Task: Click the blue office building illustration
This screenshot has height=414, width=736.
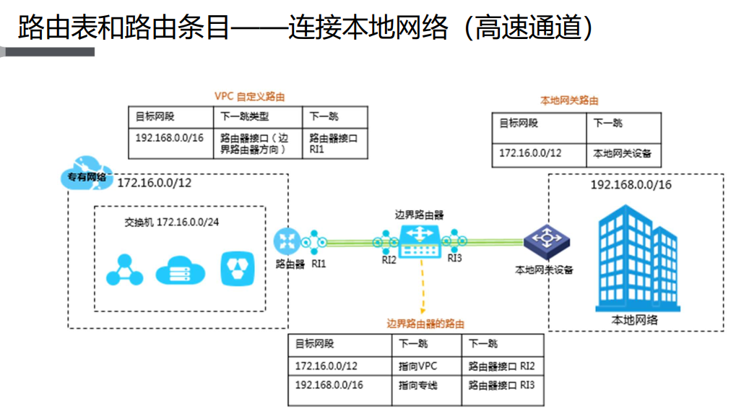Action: click(x=634, y=256)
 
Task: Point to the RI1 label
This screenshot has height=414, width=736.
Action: click(x=319, y=264)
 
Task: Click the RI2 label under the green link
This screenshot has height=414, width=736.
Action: click(x=389, y=260)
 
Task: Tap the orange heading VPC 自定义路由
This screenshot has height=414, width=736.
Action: click(x=249, y=96)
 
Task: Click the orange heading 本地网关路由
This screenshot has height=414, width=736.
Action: click(x=570, y=100)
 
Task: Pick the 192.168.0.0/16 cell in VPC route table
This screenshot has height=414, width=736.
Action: click(x=169, y=137)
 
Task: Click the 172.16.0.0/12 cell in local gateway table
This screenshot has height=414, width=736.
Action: click(x=530, y=153)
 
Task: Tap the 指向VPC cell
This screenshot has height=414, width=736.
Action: click(x=418, y=366)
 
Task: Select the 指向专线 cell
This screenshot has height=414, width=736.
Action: click(x=418, y=385)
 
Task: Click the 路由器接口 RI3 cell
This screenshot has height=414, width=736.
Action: click(x=502, y=385)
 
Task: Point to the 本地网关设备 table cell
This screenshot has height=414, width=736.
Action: click(x=622, y=153)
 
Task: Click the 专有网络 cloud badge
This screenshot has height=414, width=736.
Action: click(x=86, y=176)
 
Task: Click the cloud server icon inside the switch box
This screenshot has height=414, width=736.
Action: click(x=180, y=269)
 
